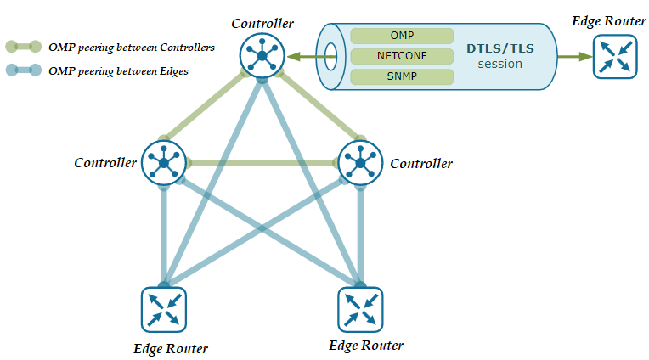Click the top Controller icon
click(262, 55)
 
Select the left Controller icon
click(163, 161)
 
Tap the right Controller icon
click(361, 161)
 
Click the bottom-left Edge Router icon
click(164, 308)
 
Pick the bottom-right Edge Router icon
click(360, 308)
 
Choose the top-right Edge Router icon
click(612, 56)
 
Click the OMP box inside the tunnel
click(402, 36)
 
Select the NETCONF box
click(402, 56)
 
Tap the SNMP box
click(402, 76)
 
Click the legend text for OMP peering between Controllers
click(132, 48)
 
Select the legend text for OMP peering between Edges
click(119, 71)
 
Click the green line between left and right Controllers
click(262, 161)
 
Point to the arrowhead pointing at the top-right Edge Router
click(585, 57)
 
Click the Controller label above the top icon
click(264, 23)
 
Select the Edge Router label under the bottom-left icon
click(171, 348)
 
